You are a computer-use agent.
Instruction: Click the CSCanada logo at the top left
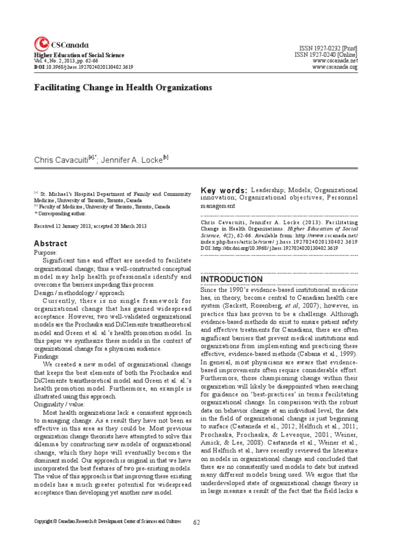pos(61,44)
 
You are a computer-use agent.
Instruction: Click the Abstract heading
pos(51,244)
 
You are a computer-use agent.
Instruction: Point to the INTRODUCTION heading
pos(232,279)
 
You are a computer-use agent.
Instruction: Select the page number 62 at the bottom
pos(197,522)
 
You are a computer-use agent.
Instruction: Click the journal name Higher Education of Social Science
pos(79,55)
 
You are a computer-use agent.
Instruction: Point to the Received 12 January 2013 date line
pos(90,226)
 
